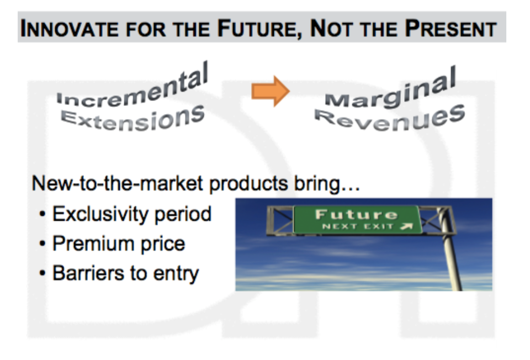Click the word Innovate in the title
pos(70,29)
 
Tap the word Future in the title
pos(258,29)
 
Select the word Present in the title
pos(451,29)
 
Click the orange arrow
pos(271,91)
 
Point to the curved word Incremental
pos(132,86)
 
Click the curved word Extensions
pos(133,118)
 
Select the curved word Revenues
pos(390,118)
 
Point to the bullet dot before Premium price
pos(43,243)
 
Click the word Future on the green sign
pos(356,215)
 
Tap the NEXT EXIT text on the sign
pos(358,226)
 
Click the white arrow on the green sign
pos(407,226)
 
